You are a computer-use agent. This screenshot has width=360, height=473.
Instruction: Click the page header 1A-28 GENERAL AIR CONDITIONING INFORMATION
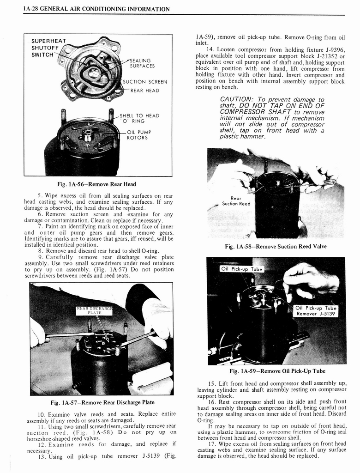pyautogui.click(x=96, y=9)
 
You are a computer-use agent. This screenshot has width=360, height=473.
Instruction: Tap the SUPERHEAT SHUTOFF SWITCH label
pyautogui.click(x=48, y=48)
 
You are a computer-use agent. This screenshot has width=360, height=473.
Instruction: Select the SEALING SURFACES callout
pyautogui.click(x=142, y=63)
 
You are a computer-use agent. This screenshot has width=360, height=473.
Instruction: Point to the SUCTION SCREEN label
pyautogui.click(x=144, y=82)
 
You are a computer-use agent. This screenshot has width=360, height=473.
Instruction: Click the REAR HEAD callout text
pyautogui.click(x=144, y=91)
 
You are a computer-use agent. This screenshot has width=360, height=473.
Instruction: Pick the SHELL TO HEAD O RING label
pyautogui.click(x=139, y=118)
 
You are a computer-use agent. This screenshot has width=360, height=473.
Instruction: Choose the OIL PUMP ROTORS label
pyautogui.click(x=139, y=134)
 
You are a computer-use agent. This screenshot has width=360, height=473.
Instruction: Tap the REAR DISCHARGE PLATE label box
pyautogui.click(x=95, y=310)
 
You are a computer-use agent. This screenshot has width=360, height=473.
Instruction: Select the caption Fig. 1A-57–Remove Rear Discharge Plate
pyautogui.click(x=102, y=402)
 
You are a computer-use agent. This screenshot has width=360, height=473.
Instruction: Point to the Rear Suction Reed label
pyautogui.click(x=236, y=201)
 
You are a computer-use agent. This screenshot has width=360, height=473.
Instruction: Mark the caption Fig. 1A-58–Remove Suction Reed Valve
pyautogui.click(x=276, y=247)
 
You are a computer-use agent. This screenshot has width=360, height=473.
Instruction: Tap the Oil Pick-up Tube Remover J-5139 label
pyautogui.click(x=316, y=311)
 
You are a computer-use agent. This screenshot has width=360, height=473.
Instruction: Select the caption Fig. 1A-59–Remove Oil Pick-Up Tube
pyautogui.click(x=277, y=371)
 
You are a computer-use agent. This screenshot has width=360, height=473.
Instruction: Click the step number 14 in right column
pyautogui.click(x=211, y=49)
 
